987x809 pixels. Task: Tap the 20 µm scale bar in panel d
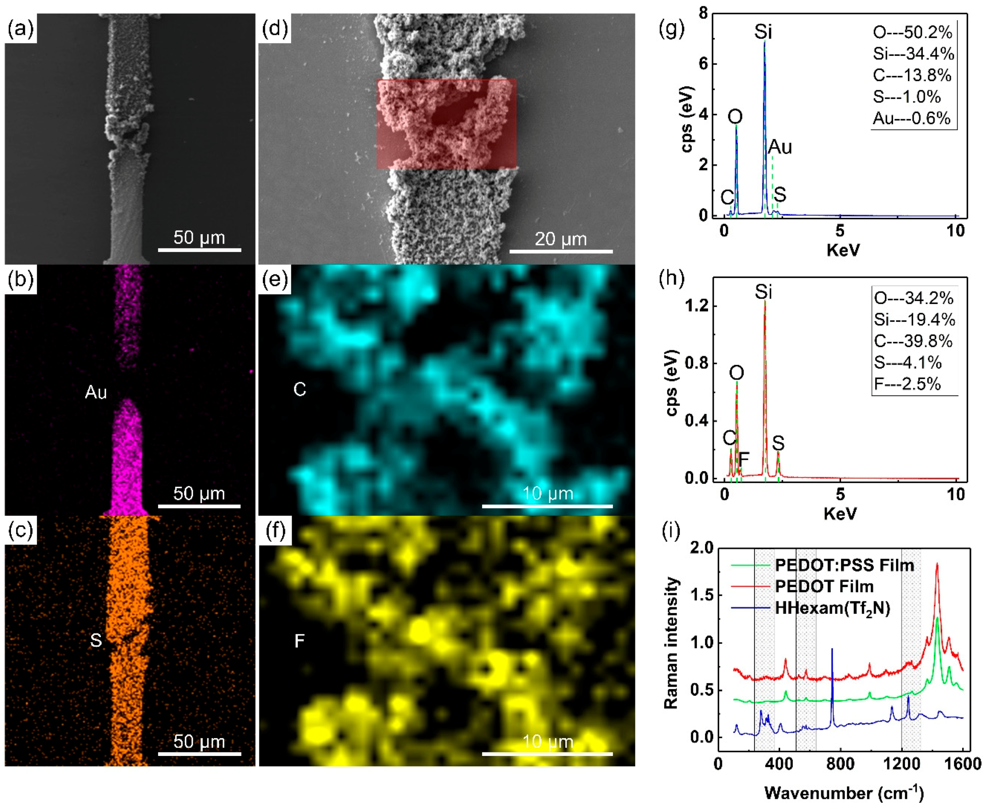coord(561,251)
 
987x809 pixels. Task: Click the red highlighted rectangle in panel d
coord(446,124)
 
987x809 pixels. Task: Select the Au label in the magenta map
coord(96,392)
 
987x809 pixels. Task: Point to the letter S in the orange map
coord(96,641)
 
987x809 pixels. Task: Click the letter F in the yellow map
coord(299,641)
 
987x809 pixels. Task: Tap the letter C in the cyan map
coord(299,389)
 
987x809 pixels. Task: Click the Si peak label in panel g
coord(763,32)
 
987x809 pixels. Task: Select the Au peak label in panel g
coord(780,147)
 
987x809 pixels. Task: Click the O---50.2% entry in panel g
coord(912,33)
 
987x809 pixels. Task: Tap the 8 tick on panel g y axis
coord(703,14)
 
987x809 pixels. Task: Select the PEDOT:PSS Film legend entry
coord(844,565)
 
